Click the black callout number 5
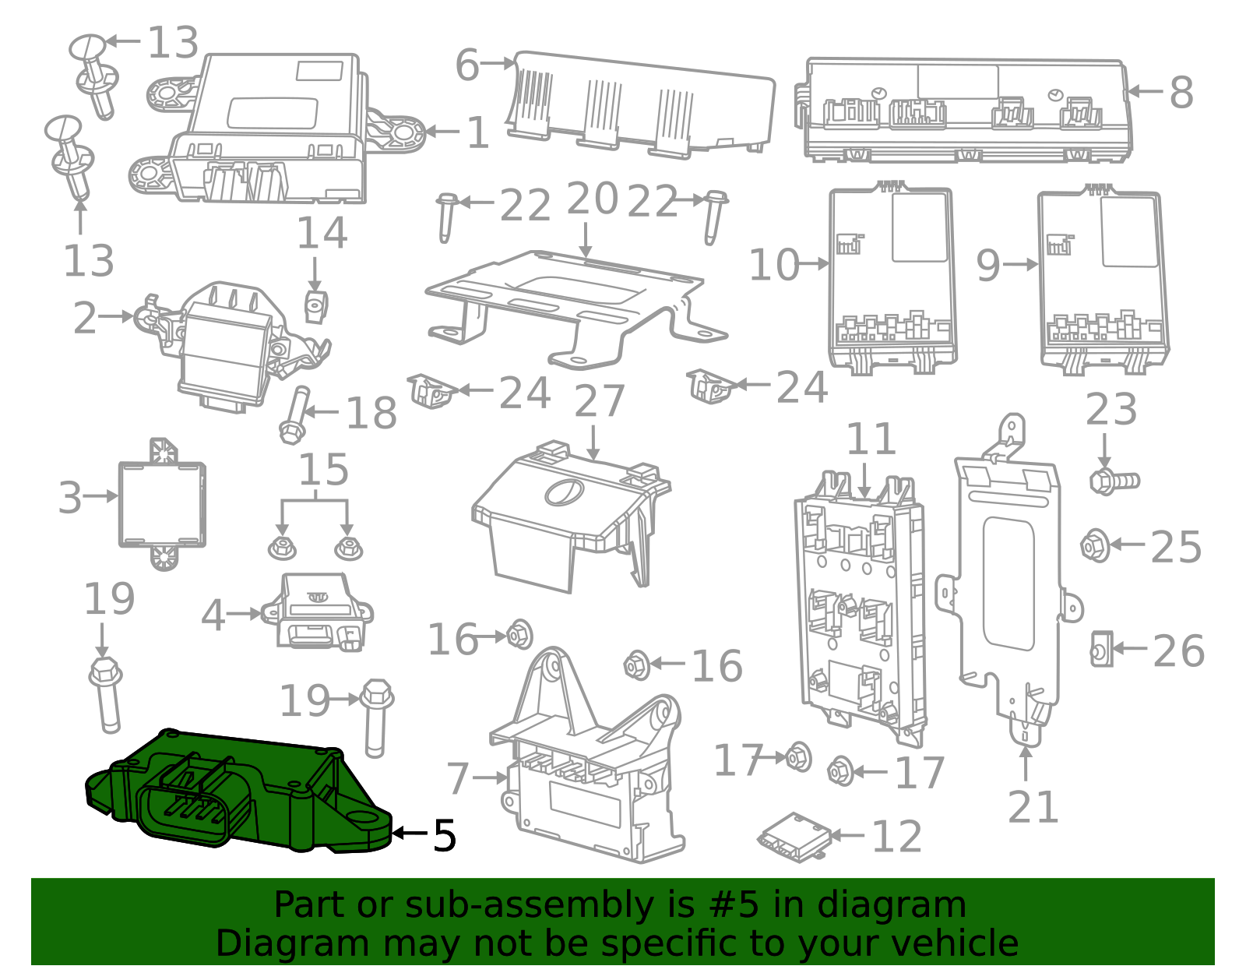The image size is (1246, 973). click(444, 836)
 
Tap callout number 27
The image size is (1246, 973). click(599, 402)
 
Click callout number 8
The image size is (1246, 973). click(1181, 93)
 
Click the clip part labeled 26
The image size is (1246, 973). click(1100, 648)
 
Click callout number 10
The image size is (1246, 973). click(773, 266)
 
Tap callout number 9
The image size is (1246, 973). click(987, 266)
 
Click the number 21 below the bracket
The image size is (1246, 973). click(1033, 807)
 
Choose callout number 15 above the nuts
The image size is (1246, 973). click(323, 471)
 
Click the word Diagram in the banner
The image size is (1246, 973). click(291, 943)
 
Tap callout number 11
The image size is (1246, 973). click(871, 440)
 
